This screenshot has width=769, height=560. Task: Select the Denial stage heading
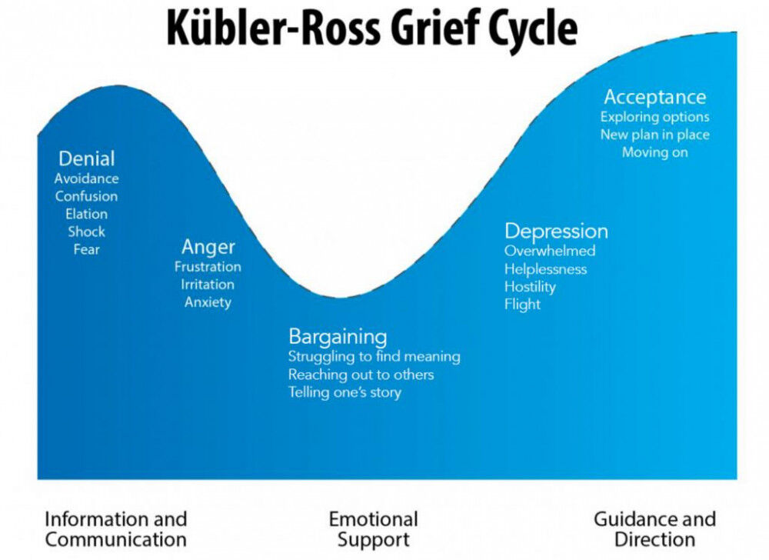tap(87, 159)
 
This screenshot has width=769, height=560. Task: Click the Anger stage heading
tap(208, 248)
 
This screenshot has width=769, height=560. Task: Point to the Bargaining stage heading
tap(338, 338)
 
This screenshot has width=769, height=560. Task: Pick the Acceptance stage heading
tap(654, 97)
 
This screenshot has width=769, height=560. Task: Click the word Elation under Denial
tap(86, 215)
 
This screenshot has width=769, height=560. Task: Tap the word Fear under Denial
tap(87, 249)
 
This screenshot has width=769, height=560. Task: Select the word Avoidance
tap(86, 178)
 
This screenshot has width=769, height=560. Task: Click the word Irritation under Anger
tap(208, 285)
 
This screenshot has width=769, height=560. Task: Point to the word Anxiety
tap(208, 302)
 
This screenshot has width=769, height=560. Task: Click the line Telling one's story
tap(345, 393)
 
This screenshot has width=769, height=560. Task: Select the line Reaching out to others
tap(361, 375)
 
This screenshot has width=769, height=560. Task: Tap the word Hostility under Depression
tap(530, 288)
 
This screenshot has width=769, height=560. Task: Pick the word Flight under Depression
tap(522, 305)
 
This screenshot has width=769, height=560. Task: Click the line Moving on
tap(654, 152)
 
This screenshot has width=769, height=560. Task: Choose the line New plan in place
tap(654, 135)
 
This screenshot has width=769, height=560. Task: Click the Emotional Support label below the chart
tap(373, 529)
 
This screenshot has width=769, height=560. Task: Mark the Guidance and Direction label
tap(654, 529)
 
